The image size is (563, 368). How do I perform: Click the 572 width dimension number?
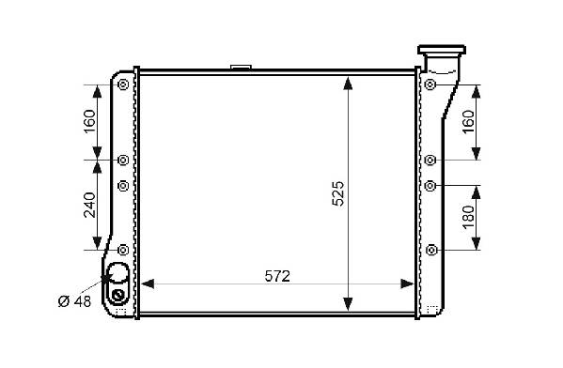(x=277, y=276)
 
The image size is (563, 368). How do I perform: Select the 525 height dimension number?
(x=337, y=193)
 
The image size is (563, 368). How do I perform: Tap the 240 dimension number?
(x=89, y=206)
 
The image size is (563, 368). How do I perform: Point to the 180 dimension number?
(x=468, y=217)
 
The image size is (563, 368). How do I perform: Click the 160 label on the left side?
(x=89, y=121)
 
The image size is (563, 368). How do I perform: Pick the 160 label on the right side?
(x=468, y=122)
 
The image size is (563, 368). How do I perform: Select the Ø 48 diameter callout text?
(x=74, y=301)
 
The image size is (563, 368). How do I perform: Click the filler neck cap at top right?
(x=442, y=50)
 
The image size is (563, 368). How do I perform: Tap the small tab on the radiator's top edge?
(x=241, y=67)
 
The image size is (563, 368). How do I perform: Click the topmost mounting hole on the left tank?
(x=123, y=84)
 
